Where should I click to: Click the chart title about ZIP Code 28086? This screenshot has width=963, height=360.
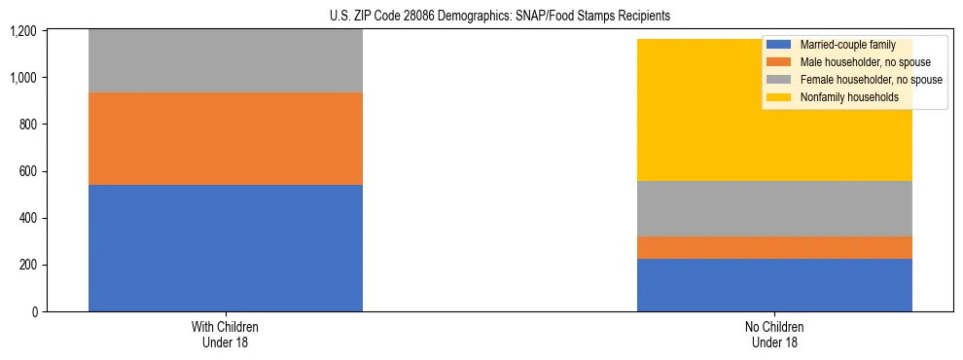(x=481, y=17)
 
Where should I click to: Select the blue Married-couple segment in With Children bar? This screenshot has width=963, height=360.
(x=226, y=248)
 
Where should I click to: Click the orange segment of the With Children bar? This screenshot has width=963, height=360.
(x=226, y=138)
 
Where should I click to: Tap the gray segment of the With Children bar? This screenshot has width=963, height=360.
(x=226, y=61)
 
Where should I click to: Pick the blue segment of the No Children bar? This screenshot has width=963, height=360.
(x=774, y=285)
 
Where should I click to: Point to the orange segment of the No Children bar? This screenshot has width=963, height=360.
(x=774, y=247)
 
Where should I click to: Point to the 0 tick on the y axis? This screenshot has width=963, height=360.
(x=33, y=311)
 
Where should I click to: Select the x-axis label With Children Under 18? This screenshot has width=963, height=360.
(x=226, y=335)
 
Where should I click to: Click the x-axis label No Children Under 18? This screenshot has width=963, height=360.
(x=774, y=335)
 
